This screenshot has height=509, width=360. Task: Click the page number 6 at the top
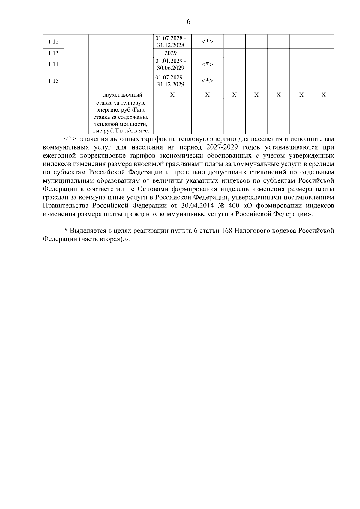(188, 22)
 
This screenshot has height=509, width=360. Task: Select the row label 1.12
(53, 42)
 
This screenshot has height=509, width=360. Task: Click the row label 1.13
(53, 53)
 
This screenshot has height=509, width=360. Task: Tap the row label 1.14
(53, 64)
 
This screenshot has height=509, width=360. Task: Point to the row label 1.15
(53, 81)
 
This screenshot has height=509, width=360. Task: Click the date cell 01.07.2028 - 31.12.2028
(171, 42)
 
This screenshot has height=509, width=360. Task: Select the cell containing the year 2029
(171, 53)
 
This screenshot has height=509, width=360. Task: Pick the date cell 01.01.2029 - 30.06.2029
(171, 64)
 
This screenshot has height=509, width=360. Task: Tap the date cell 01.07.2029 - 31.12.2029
(171, 81)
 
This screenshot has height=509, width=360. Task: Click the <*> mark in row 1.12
(207, 42)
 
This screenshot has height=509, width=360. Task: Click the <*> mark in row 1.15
(207, 81)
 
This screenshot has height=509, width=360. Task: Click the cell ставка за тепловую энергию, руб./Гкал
(121, 106)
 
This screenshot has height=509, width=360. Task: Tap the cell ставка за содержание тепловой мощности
(121, 124)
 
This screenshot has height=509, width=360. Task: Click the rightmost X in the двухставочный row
(323, 95)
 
